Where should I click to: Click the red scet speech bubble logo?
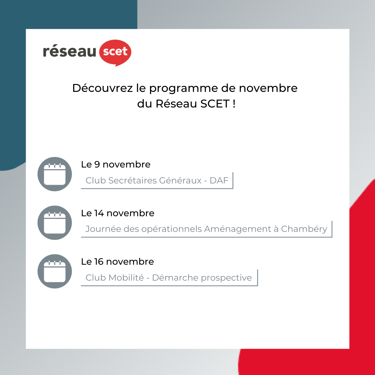[115, 52]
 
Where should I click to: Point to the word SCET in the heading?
[215, 104]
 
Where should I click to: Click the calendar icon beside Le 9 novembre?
[55, 174]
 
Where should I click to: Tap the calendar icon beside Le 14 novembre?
[55, 222]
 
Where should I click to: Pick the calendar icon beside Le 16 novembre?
[55, 271]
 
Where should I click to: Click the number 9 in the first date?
[97, 164]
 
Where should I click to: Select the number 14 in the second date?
[99, 213]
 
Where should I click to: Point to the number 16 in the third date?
[99, 262]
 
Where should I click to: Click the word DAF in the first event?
[219, 180]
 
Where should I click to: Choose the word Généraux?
[180, 180]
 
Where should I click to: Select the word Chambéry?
[304, 229]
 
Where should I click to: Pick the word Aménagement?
[237, 229]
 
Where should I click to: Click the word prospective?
[226, 278]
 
